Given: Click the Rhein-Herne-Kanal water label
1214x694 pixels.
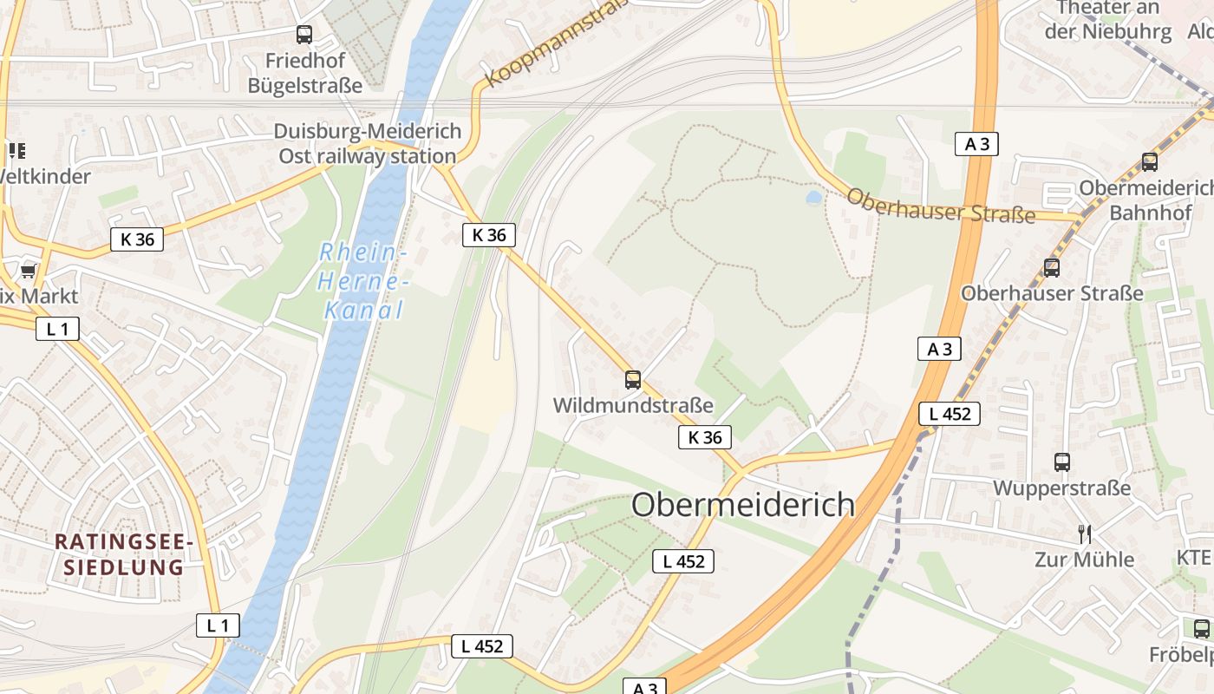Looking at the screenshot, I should tap(362, 282).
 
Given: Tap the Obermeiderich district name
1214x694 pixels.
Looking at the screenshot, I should tap(743, 505).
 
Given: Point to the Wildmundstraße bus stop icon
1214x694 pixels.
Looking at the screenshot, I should tap(633, 379).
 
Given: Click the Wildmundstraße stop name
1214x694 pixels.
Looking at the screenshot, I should tap(633, 405).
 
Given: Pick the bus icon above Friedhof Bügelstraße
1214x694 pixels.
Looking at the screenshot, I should tap(303, 35).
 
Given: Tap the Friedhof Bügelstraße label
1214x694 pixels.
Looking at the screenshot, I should tap(304, 73).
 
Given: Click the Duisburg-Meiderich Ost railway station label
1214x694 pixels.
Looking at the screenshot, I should tap(367, 144).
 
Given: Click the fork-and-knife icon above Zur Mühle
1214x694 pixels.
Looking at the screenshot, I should tap(1084, 534).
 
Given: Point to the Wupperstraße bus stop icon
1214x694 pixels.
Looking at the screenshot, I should tap(1062, 462).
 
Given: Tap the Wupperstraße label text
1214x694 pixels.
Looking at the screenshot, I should tap(1061, 488).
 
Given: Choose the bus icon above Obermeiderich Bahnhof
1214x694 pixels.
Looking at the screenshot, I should tap(1150, 161).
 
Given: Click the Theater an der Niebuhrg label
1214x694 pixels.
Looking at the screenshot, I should tap(1107, 20).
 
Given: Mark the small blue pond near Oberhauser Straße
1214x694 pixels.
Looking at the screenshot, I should tap(813, 198).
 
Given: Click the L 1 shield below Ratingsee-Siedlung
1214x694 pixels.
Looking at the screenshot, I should tap(218, 625).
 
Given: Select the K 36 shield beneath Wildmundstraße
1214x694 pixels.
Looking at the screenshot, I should tap(704, 437).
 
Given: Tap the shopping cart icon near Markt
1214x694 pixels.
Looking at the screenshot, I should tap(28, 272).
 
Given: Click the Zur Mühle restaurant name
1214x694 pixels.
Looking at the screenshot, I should tap(1084, 560).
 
